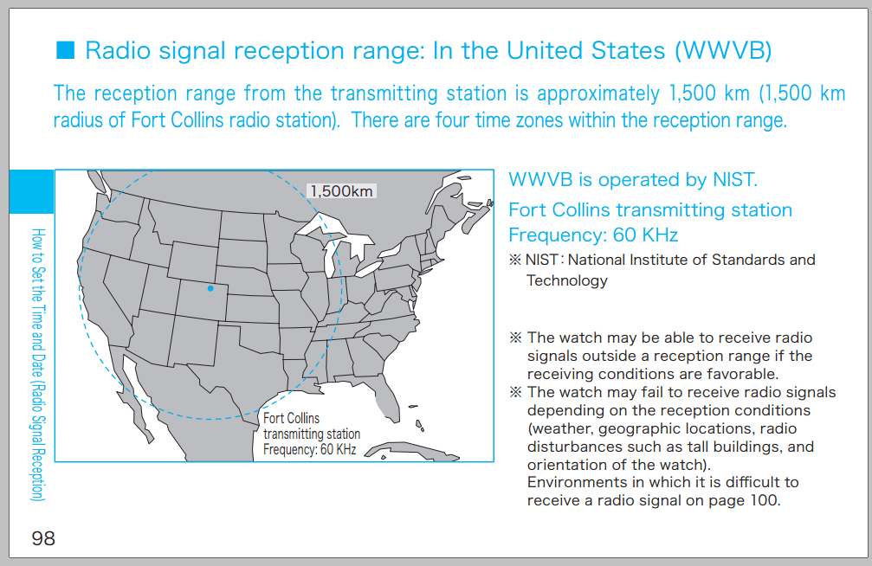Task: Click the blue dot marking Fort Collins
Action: click(x=210, y=288)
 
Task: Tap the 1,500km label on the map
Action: click(x=341, y=191)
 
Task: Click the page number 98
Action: click(x=43, y=538)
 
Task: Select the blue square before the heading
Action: click(x=65, y=49)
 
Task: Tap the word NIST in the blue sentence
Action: click(x=733, y=180)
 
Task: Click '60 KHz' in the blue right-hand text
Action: click(x=645, y=235)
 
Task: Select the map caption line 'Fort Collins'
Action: click(x=292, y=418)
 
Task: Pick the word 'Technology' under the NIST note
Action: click(x=566, y=280)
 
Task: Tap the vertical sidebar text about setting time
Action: click(x=38, y=364)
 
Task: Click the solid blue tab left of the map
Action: click(x=32, y=191)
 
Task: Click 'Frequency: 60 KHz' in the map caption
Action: click(x=310, y=449)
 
